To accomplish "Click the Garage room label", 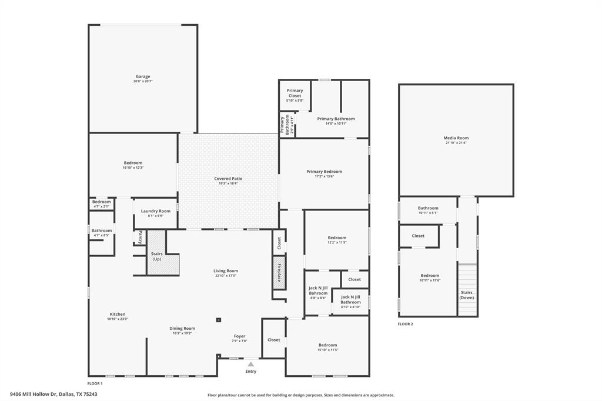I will (143, 76).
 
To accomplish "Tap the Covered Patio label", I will (228, 179).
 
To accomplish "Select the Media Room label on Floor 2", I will (456, 138).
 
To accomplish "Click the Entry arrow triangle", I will (251, 364).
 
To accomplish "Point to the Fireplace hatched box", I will (279, 273).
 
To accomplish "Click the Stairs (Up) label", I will (157, 256).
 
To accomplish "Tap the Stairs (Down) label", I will (467, 295).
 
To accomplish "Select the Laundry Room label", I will (156, 211).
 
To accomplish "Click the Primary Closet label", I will (295, 93).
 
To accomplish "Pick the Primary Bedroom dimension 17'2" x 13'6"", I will (324, 176).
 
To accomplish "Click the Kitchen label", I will (118, 314).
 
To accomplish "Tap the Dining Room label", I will (182, 329).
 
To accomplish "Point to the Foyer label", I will (239, 336).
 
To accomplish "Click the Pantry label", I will (140, 236).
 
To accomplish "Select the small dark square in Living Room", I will (219, 320).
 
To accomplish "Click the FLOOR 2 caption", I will (405, 324).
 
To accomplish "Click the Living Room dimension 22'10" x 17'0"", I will (226, 276).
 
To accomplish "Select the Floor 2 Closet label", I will (418, 236).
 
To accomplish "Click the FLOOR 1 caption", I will (95, 383).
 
